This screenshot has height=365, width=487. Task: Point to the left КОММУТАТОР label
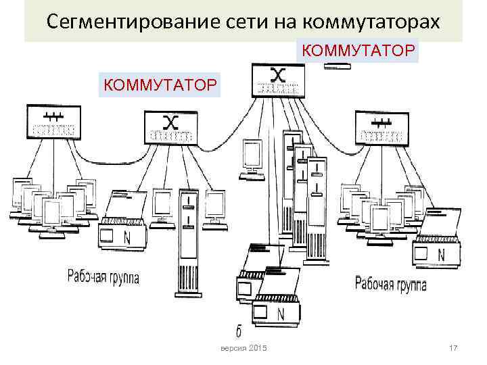pos(159,84)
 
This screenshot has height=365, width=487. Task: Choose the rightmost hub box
pos(382,128)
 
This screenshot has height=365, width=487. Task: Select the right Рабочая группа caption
pos(391,285)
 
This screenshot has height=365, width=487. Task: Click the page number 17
pos(453,347)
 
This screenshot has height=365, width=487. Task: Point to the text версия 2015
pos(244,347)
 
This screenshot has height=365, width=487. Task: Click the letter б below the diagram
pos(238,331)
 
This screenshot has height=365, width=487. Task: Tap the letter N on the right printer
pos(441,255)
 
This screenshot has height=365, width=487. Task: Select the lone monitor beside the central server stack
pos(252,157)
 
